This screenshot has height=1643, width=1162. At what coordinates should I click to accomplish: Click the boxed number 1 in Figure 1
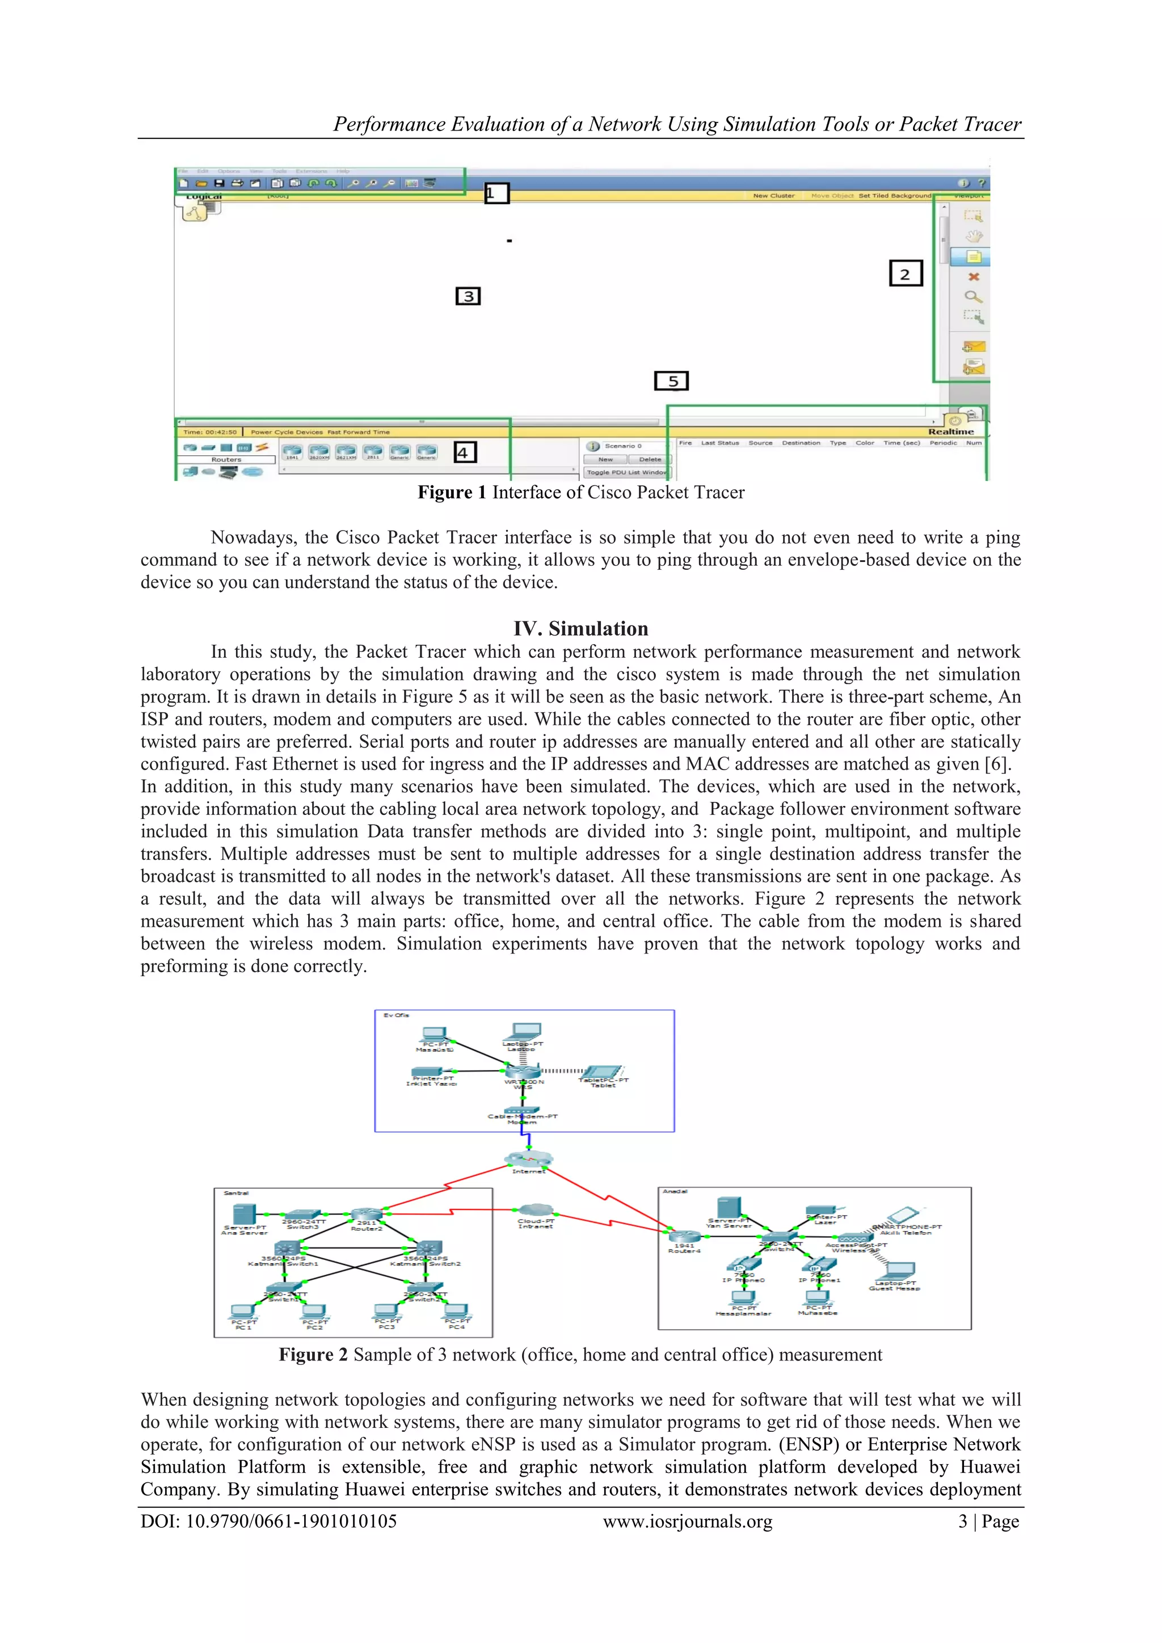496,193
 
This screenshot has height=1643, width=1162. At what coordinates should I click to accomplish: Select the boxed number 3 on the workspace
468,296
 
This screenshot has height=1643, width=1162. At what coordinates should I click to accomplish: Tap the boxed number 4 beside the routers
464,452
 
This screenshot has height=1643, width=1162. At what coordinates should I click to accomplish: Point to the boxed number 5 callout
671,381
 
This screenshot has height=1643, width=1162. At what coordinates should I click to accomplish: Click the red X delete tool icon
973,277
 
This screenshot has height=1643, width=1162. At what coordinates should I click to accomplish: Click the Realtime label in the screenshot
950,431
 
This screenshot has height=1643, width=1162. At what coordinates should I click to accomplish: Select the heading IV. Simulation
580,628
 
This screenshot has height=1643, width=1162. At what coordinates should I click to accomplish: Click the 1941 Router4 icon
685,1237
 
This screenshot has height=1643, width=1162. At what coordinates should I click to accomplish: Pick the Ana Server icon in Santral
244,1215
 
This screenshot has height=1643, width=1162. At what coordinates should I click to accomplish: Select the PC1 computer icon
243,1312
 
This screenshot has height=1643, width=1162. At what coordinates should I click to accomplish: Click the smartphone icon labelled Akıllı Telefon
902,1215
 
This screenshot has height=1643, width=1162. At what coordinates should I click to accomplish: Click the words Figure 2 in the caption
313,1355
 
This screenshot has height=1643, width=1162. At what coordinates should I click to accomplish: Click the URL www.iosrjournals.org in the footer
687,1522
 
